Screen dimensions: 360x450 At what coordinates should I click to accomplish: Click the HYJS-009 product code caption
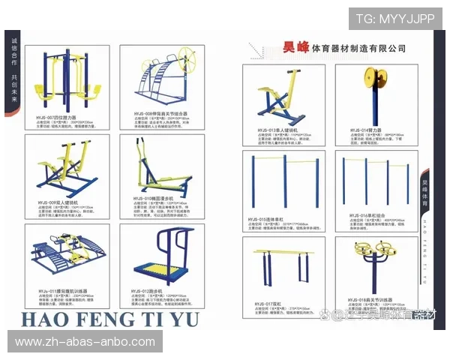coord(58,202)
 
